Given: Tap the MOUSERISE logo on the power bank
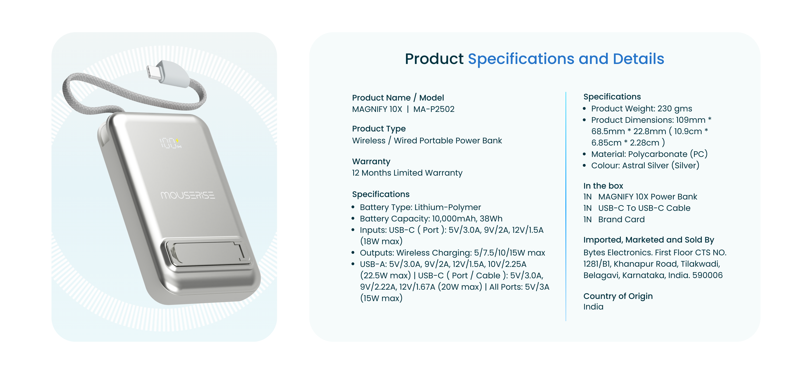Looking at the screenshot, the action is click(x=188, y=195).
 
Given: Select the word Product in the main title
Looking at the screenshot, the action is click(x=434, y=59).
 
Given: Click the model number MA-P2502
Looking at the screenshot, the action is click(x=434, y=109).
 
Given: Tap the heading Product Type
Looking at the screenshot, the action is click(x=379, y=129).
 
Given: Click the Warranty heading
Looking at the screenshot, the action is click(x=371, y=161).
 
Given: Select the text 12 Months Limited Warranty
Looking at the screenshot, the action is click(x=407, y=173).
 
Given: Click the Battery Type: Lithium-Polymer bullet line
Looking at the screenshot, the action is click(x=420, y=207).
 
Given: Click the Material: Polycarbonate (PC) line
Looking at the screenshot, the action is click(x=649, y=154).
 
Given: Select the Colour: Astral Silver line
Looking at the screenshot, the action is click(x=645, y=165).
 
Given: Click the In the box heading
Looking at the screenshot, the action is click(x=603, y=186).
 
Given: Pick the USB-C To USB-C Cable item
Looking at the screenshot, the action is click(x=644, y=208).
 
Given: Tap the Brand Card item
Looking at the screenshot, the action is click(x=621, y=219).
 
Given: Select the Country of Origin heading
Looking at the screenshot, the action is click(x=618, y=296).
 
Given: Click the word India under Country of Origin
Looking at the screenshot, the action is click(x=593, y=307).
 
